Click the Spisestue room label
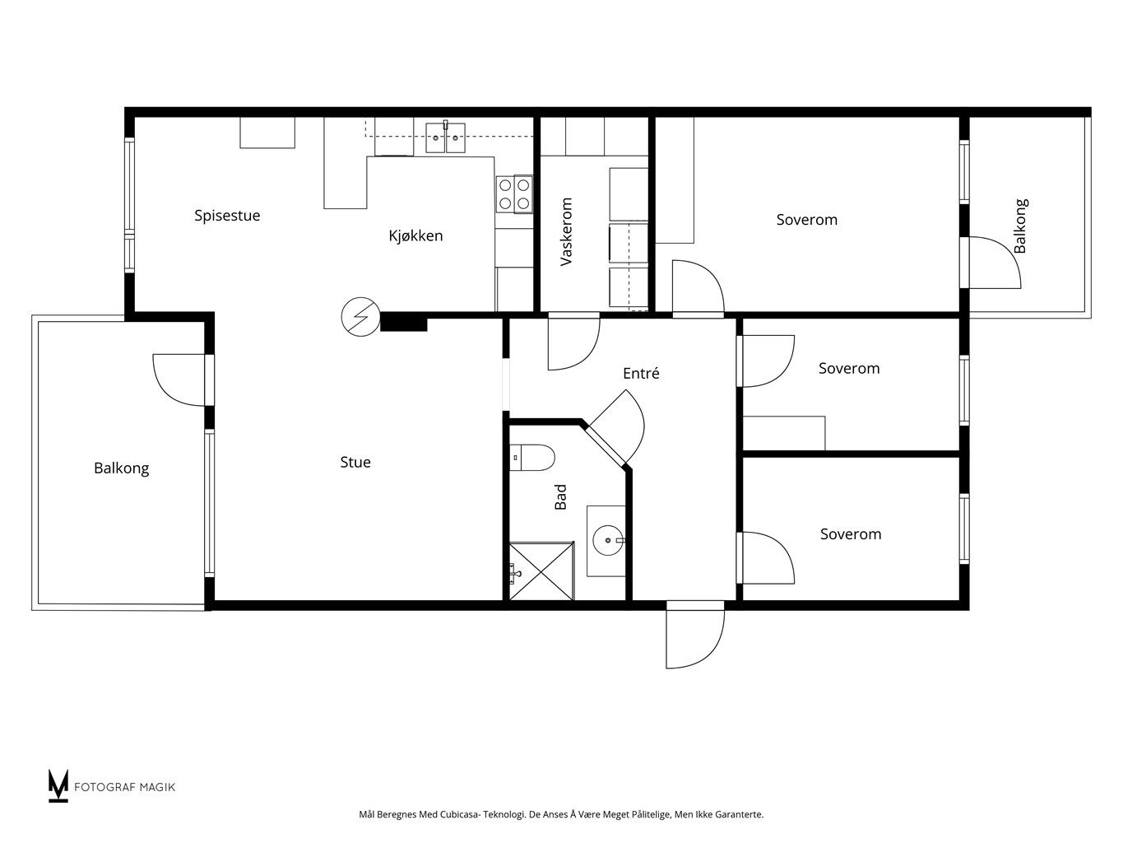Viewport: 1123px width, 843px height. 226,216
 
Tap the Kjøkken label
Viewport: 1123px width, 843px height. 415,235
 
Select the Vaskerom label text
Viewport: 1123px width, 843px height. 566,232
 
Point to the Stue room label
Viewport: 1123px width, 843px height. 355,462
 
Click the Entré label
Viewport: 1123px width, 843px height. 641,373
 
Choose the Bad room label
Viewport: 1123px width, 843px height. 561,497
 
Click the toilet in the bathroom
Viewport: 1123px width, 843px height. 532,458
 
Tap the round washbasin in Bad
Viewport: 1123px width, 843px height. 608,540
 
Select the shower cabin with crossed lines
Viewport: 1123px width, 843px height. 542,571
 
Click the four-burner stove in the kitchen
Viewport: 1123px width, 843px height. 514,194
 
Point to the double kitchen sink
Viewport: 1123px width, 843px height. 446,137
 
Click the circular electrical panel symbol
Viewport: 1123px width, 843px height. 360,317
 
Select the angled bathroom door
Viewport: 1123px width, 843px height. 616,428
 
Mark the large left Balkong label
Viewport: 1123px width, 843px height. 121,468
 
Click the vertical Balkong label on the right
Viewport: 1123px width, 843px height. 1020,226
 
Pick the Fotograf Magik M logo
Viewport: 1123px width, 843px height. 58,785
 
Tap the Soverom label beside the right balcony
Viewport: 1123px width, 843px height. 807,220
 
